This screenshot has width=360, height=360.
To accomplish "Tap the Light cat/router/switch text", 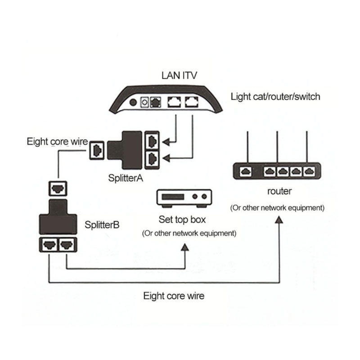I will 275,96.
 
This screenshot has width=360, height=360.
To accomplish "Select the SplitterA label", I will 126,178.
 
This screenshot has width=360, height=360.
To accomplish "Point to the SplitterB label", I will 102,224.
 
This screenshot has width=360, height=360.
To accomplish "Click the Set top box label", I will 182,220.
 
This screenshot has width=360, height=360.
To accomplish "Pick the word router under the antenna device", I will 279,191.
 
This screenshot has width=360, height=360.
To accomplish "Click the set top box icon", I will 184,197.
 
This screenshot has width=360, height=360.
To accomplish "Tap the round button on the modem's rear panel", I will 133,102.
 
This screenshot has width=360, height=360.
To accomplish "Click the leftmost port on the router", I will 246,171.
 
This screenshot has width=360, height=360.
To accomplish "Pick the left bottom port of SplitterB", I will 49,245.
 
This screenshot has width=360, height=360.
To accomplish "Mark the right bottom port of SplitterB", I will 66,245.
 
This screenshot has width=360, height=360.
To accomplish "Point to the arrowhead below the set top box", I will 184,247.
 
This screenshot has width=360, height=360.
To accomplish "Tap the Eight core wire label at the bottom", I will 174,296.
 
